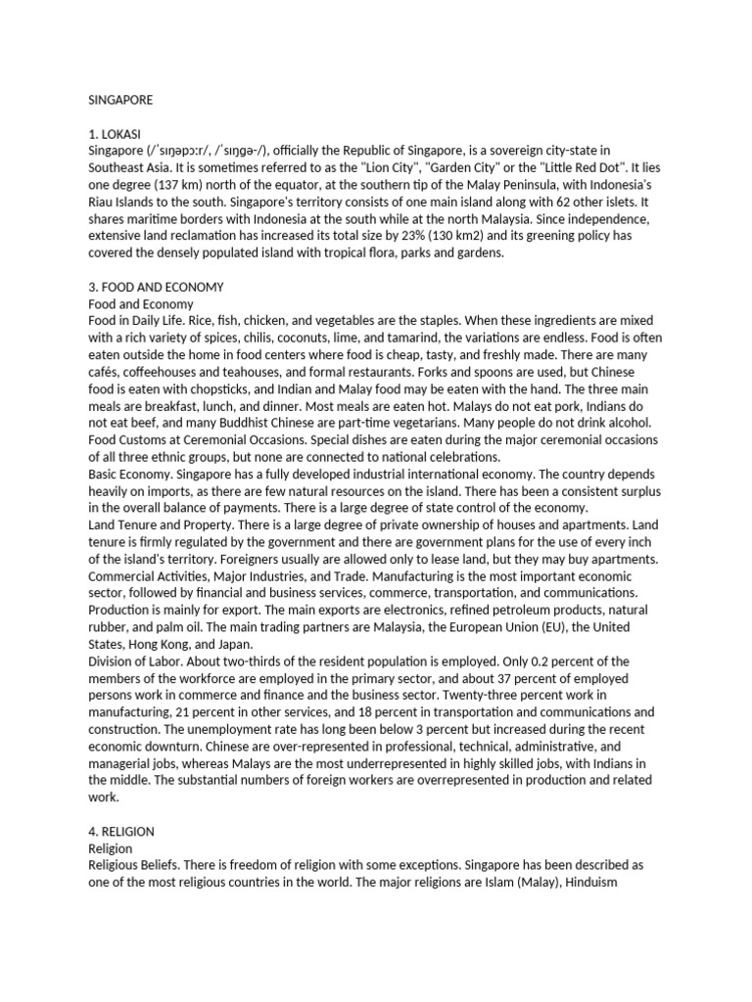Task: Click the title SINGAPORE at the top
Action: (120, 99)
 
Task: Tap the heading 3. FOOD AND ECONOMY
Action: (157, 287)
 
